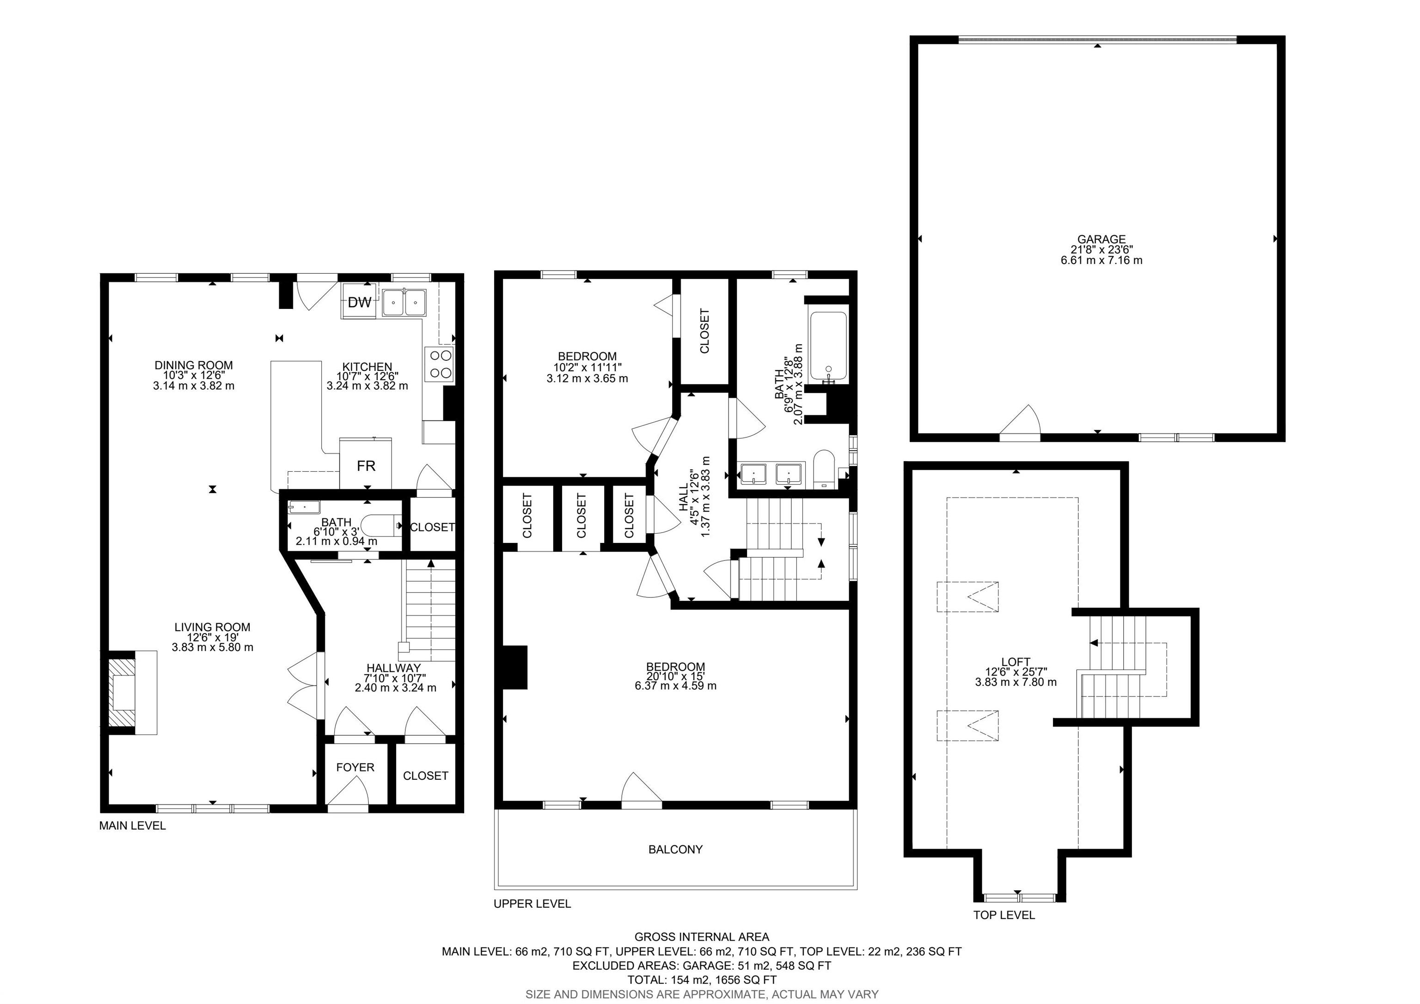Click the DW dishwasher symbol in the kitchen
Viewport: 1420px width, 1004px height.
359,302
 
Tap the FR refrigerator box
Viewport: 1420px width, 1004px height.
366,463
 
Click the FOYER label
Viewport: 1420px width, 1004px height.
355,767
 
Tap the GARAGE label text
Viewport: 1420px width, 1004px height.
1102,240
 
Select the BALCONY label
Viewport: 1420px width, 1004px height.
675,850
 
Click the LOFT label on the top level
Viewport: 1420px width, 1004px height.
1016,662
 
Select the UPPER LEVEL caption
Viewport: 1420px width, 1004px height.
532,903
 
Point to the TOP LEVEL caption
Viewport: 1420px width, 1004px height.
1004,915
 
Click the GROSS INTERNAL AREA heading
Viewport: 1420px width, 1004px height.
702,936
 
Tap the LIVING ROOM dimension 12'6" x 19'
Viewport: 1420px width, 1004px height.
212,637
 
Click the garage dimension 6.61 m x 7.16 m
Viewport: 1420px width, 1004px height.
1102,260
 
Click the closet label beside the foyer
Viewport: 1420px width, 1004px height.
426,776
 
